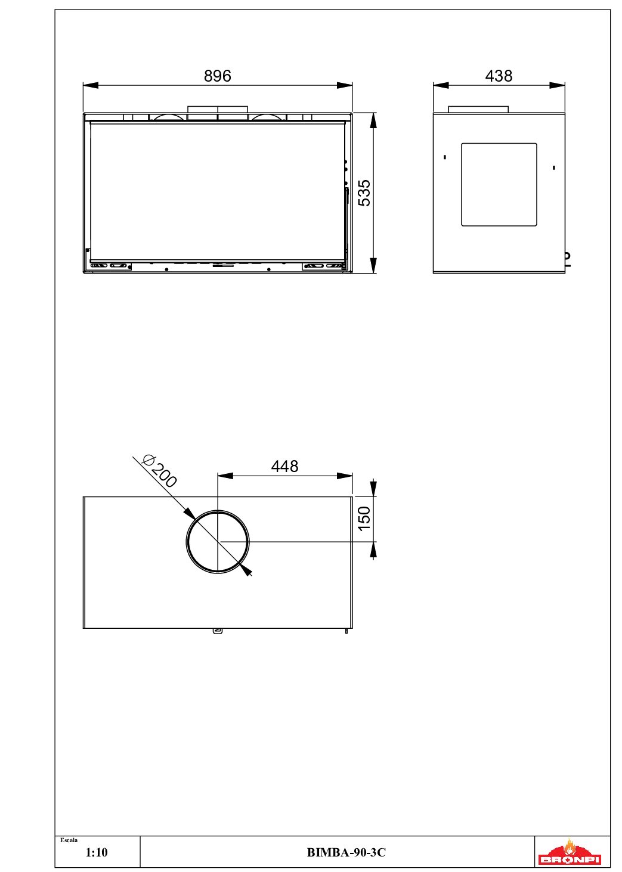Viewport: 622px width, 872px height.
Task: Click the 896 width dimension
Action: coord(217,76)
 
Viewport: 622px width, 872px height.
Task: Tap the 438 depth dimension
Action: coord(499,76)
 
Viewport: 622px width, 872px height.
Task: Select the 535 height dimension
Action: coord(364,193)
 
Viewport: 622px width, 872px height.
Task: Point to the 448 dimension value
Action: coord(284,466)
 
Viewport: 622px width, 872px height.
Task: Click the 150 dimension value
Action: coord(364,519)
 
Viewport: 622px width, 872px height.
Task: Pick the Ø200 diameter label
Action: coord(160,471)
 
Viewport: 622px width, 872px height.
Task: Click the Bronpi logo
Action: coord(569,852)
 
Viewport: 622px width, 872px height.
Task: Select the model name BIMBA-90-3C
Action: coord(346,852)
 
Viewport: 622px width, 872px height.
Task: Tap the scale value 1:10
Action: coord(96,852)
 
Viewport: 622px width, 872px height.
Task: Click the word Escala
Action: coord(69,840)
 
